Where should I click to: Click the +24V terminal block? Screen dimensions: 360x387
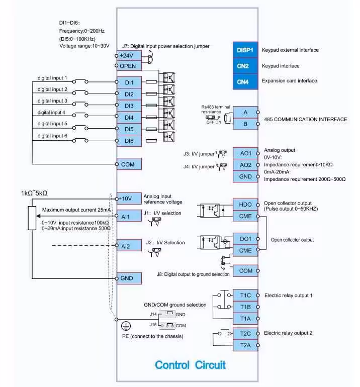coord(129,55)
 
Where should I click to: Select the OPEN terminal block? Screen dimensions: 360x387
coord(129,66)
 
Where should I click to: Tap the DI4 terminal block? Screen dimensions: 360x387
coord(129,118)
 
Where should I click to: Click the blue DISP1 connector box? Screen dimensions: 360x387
coord(245,50)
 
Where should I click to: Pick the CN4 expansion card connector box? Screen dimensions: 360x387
coord(245,82)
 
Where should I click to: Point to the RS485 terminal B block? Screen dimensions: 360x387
coord(245,124)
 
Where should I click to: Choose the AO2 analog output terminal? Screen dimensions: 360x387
coord(245,165)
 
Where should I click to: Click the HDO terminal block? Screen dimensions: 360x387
coord(245,205)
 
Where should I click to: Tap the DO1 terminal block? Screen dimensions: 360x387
coord(245,239)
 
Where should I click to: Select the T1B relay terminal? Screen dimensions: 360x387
coord(245,307)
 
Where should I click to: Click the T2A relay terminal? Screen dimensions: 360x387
coord(245,345)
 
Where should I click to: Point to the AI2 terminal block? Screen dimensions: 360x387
coord(129,246)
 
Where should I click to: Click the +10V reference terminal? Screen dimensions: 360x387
coord(129,199)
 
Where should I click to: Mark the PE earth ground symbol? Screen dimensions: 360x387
coord(126,326)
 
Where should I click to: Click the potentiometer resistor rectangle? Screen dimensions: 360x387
coord(32,218)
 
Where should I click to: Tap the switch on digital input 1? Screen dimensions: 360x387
coord(80,81)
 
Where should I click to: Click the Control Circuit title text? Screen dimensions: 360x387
coord(190,365)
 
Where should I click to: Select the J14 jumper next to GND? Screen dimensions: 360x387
coord(167,314)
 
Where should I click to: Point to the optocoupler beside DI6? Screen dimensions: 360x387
coord(169,137)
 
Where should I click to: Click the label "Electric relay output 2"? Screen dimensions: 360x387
coord(288,333)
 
